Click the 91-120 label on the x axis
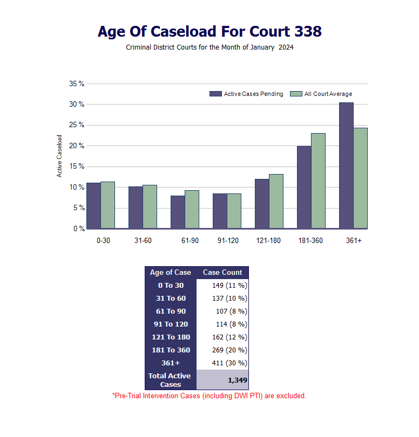coord(228,240)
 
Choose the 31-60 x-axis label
coord(143,240)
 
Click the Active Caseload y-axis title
coord(60,156)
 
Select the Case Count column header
coord(222,273)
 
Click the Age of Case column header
coord(171,273)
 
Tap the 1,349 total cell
coord(237,380)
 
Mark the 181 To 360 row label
coord(171,350)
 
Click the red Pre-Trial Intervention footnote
coord(209,396)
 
